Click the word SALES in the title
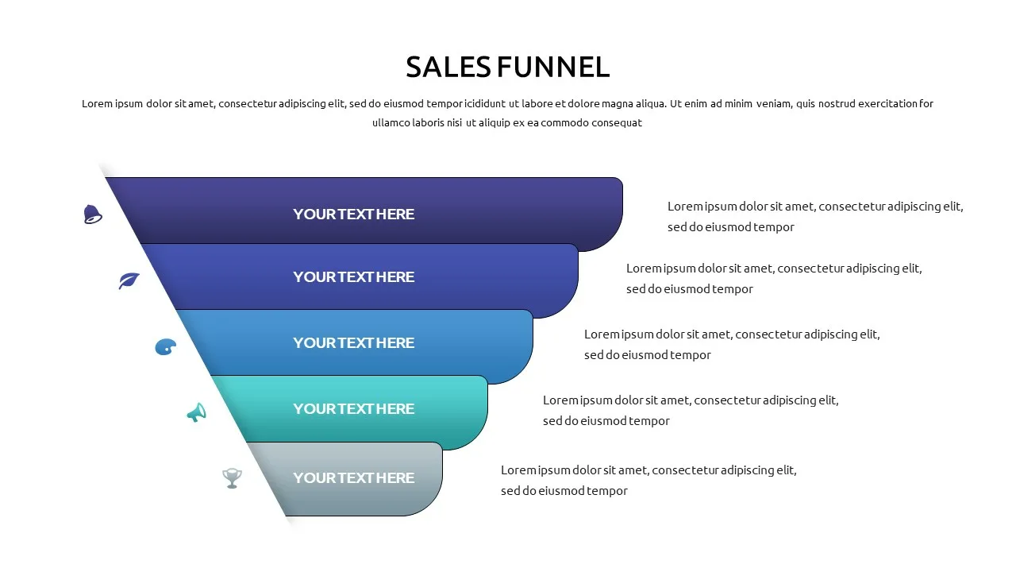[x=448, y=68]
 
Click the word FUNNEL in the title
[x=553, y=68]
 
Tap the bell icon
[x=93, y=214]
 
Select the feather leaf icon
[x=129, y=280]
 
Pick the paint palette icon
[x=166, y=347]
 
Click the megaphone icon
[x=197, y=412]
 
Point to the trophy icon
[x=232, y=478]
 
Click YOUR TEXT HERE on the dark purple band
[x=353, y=214]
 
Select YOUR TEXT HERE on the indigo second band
[x=353, y=277]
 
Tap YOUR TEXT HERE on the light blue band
[x=353, y=342]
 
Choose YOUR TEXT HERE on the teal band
[x=353, y=408]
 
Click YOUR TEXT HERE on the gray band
[x=353, y=477]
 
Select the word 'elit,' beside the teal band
[x=828, y=400]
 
